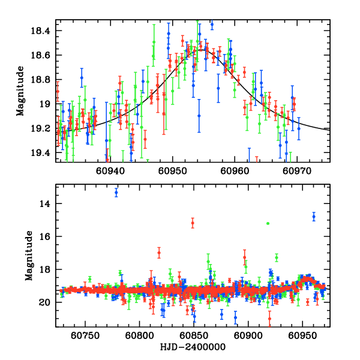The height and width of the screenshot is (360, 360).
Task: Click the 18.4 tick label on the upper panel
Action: click(44, 31)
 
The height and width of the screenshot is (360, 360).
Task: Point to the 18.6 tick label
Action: click(44, 55)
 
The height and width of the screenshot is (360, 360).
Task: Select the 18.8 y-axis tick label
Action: click(44, 79)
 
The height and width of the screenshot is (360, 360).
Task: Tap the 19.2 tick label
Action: click(44, 128)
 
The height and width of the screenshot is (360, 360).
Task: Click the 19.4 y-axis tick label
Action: click(44, 153)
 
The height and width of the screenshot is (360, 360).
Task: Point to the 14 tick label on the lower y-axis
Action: click(49, 203)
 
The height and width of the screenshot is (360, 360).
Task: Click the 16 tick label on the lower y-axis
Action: click(49, 236)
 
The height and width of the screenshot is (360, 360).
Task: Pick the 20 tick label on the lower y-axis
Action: click(49, 302)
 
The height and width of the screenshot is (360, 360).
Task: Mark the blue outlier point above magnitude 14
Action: click(116, 192)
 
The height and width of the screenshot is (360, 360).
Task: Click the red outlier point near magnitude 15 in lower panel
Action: click(193, 223)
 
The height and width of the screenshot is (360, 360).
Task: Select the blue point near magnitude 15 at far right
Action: click(314, 216)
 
